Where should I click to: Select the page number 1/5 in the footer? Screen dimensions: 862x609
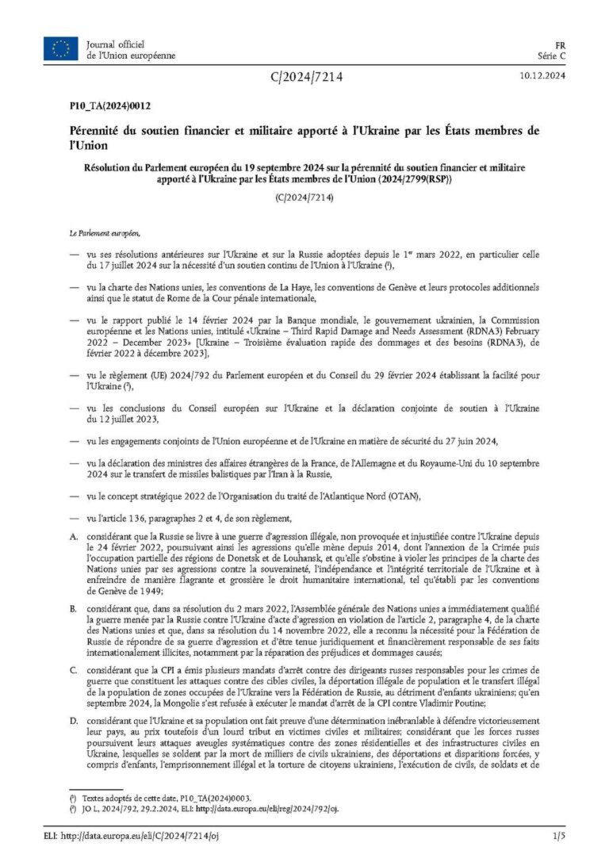pyautogui.click(x=558, y=834)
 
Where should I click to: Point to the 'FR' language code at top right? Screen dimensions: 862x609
pyautogui.click(x=559, y=44)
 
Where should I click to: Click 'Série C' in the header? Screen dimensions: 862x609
pyautogui.click(x=553, y=56)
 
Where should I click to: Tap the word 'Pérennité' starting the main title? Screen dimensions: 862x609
pyautogui.click(x=94, y=128)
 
